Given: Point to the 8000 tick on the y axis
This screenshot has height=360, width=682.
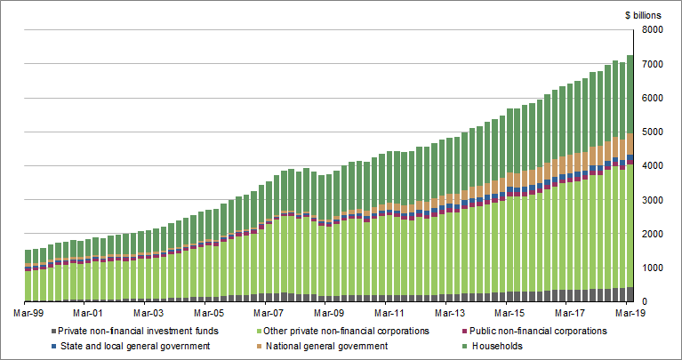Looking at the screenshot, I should coord(651,30).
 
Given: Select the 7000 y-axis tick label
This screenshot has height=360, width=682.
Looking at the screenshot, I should coord(651,64).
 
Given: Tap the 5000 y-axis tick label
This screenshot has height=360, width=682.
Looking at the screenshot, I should coord(651,132).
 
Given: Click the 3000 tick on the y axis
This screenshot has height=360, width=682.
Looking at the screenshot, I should coord(651,200).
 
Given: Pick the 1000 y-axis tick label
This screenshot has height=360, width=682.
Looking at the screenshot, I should coord(651,268).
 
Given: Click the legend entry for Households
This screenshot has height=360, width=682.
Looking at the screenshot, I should coord(497,346).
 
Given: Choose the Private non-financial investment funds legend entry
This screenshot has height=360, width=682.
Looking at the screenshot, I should coord(133,331).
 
